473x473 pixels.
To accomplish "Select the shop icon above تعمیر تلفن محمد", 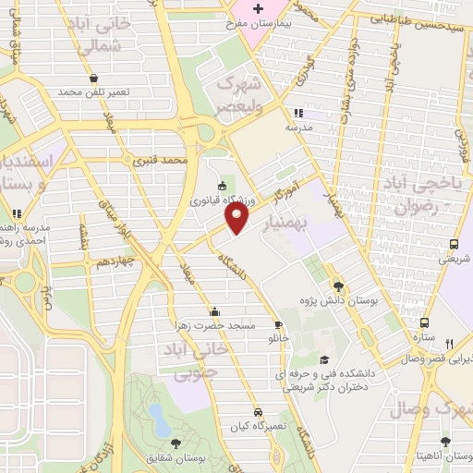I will tap(95, 79).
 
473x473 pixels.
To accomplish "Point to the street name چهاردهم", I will tap(117, 262).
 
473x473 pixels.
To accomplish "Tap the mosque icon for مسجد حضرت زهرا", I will tap(215, 311).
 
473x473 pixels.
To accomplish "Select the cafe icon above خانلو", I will tap(278, 325).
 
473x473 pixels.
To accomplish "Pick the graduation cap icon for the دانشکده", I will tap(323, 359).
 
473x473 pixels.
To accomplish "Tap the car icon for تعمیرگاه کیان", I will tap(258, 412).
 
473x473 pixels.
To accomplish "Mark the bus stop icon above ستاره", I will tap(424, 323).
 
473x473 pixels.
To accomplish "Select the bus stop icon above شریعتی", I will tap(453, 245).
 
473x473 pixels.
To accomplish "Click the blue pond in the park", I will tap(157, 422).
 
